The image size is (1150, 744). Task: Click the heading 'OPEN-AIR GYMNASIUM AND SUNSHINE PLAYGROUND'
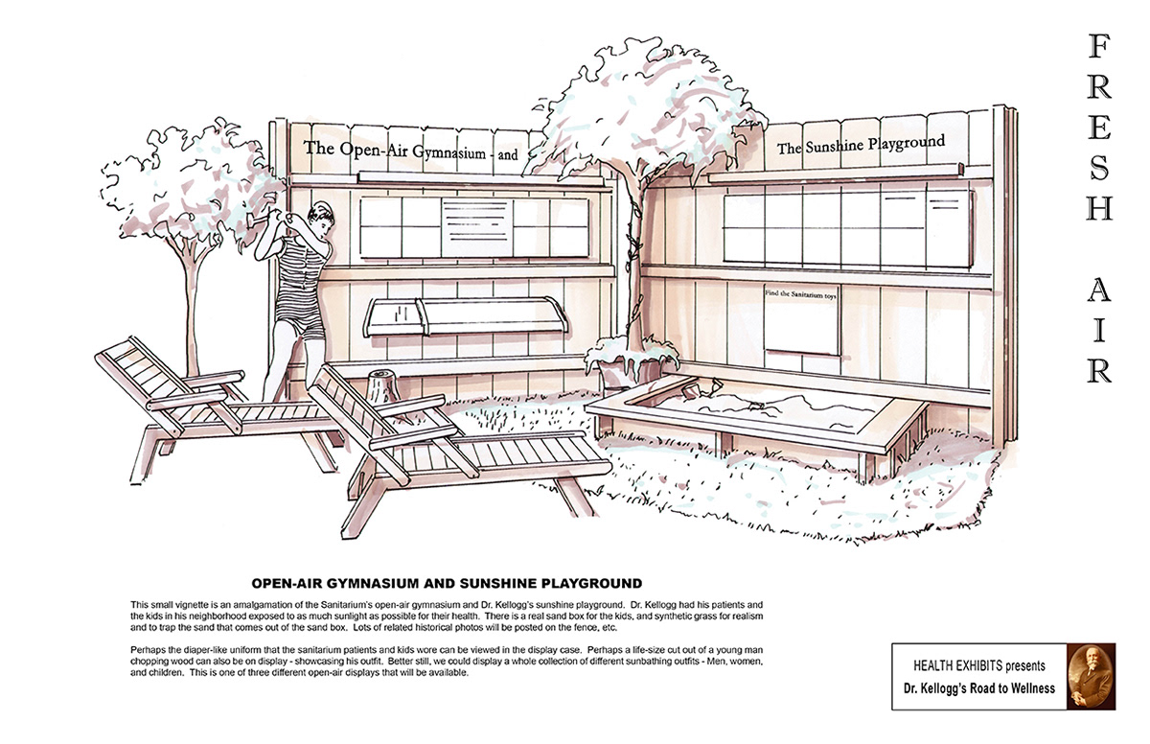[446, 583]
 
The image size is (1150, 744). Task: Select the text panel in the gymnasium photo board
[476, 226]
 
